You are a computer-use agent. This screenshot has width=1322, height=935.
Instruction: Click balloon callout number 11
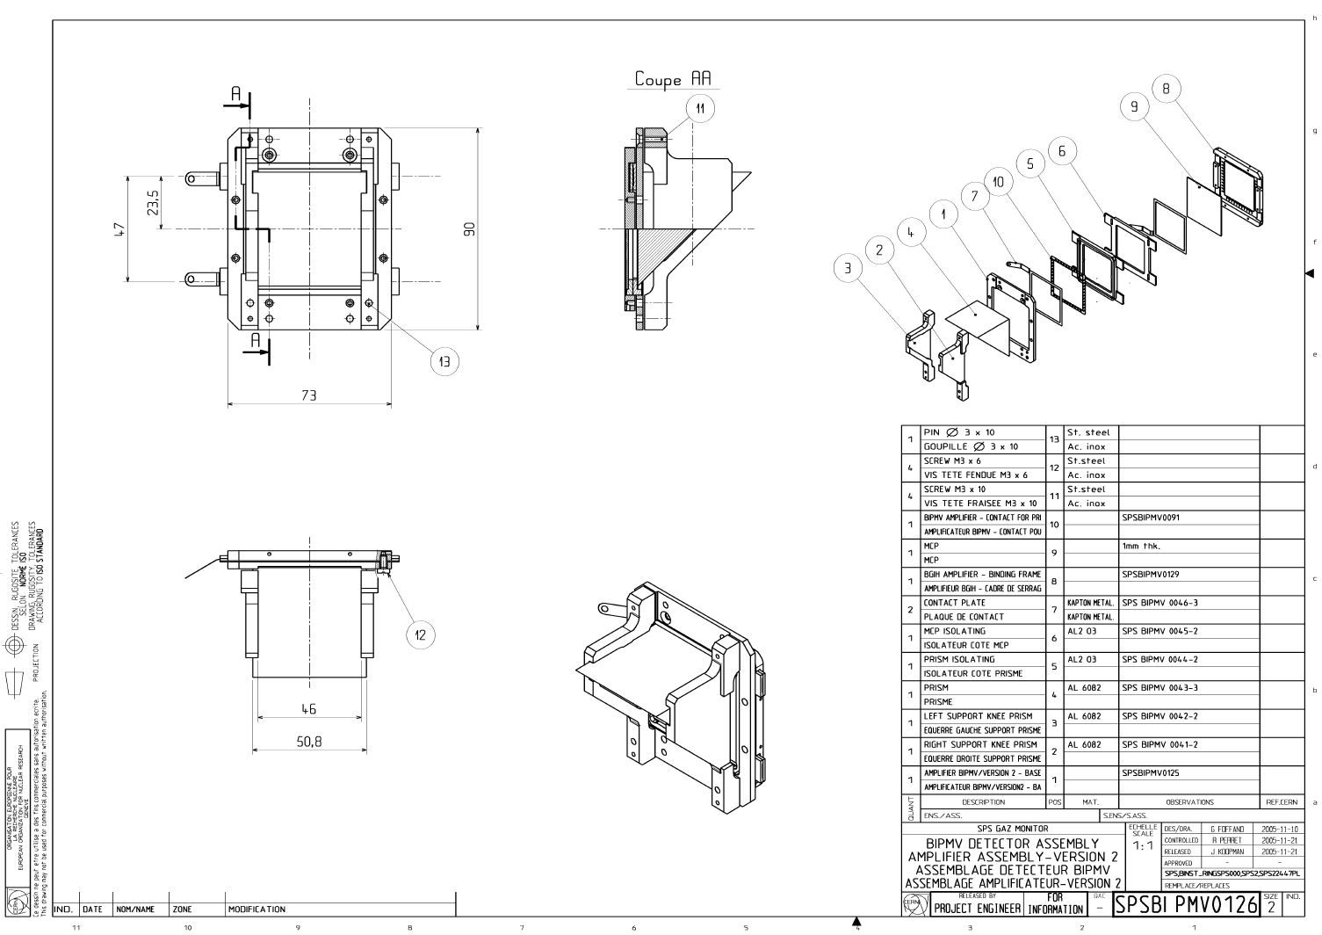(x=700, y=108)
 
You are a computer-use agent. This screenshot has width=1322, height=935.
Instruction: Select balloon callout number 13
(x=444, y=361)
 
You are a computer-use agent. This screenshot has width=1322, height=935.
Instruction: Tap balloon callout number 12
(x=421, y=634)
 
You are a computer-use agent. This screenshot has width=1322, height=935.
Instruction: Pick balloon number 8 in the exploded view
(x=1166, y=89)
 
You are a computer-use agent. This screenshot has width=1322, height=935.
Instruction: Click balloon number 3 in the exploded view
(x=848, y=269)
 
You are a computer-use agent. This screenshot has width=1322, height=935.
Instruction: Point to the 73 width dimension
(x=309, y=395)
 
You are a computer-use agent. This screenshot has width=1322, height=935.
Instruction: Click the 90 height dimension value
(x=470, y=228)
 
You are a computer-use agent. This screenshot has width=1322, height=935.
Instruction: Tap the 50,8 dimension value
(x=309, y=742)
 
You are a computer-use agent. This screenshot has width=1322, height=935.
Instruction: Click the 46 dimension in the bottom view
(x=309, y=708)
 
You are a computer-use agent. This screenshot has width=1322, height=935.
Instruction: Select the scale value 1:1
(x=1142, y=846)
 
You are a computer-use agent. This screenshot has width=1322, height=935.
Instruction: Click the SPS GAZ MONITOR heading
(x=1013, y=829)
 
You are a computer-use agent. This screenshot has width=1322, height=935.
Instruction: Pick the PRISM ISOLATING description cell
(x=959, y=659)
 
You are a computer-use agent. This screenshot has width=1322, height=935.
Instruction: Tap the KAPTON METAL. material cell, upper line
(x=1090, y=603)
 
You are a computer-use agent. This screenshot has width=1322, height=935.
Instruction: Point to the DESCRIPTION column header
(x=983, y=801)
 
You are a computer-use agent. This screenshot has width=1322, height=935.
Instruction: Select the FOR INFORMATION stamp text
(x=1055, y=904)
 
